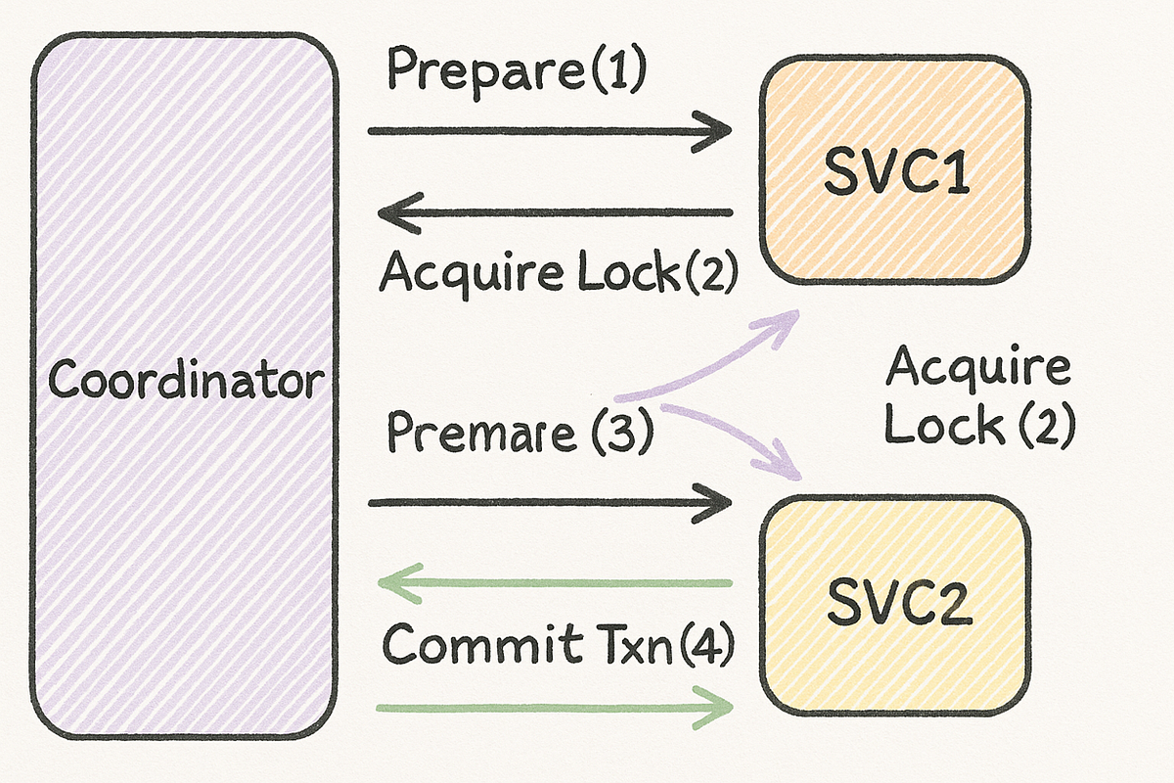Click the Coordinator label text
pyautogui.click(x=185, y=380)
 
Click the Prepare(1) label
pyautogui.click(x=516, y=70)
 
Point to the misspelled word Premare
pyautogui.click(x=482, y=433)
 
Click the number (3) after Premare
pyautogui.click(x=618, y=433)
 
